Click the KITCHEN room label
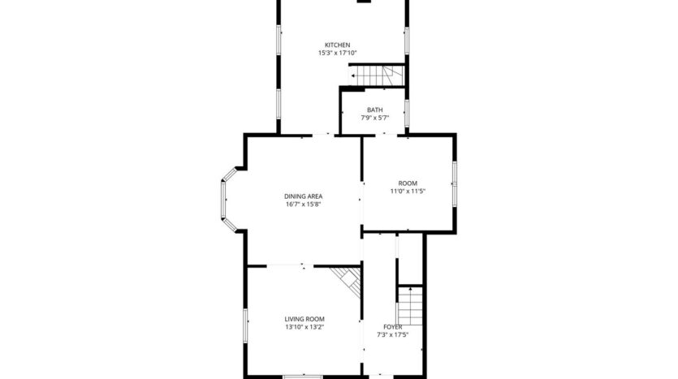(337, 45)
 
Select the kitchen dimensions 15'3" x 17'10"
(337, 53)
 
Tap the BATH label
(374, 110)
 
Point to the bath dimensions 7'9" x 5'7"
(374, 118)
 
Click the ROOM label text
(407, 183)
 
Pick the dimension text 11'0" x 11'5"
(407, 192)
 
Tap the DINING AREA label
(304, 196)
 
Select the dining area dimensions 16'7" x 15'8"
(304, 205)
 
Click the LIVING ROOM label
(304, 319)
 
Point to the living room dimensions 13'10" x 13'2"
(304, 327)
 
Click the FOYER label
(393, 326)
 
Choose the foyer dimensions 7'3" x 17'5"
(393, 334)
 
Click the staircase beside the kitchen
(378, 76)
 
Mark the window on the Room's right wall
(454, 184)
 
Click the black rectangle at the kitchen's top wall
(365, 2)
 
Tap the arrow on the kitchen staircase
(354, 77)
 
